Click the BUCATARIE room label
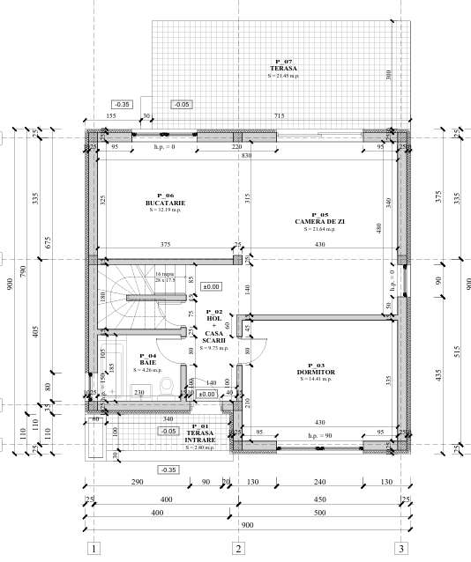[x=165, y=203]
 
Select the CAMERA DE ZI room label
[x=311, y=221]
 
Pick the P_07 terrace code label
[x=282, y=60]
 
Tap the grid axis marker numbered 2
[x=237, y=548]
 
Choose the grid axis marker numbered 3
[x=401, y=548]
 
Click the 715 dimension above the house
[x=279, y=116]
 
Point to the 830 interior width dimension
[x=247, y=155]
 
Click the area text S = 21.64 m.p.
[x=311, y=229]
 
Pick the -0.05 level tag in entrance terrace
[x=167, y=431]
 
